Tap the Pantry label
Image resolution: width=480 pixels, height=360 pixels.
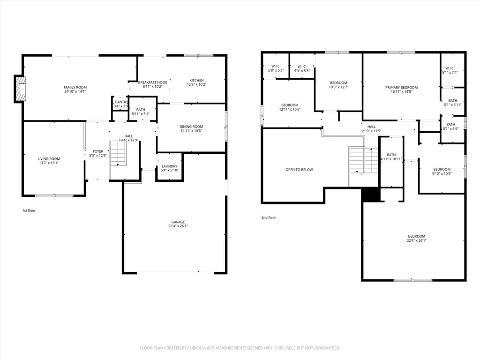pyautogui.click(x=121, y=102)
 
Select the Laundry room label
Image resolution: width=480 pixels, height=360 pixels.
pyautogui.click(x=169, y=166)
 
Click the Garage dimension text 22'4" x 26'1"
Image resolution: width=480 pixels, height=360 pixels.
pyautogui.click(x=178, y=226)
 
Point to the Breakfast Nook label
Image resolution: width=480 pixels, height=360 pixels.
pyautogui.click(x=152, y=82)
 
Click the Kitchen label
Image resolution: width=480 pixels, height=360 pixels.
pyautogui.click(x=196, y=81)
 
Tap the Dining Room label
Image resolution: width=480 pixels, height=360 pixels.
pyautogui.click(x=191, y=127)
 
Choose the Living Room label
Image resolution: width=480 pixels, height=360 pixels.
pyautogui.click(x=49, y=159)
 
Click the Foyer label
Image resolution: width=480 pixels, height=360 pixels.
pyautogui.click(x=98, y=151)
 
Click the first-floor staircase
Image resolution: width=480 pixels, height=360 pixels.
pyautogui.click(x=118, y=153)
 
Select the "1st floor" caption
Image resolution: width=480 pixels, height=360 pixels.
pyautogui.click(x=29, y=210)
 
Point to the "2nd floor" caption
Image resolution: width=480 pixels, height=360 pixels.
pyautogui.click(x=269, y=217)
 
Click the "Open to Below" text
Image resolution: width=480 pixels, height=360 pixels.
pyautogui.click(x=299, y=170)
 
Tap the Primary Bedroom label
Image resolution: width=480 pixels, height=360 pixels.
pyautogui.click(x=401, y=88)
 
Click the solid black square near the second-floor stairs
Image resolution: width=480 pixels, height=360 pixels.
pyautogui.click(x=371, y=195)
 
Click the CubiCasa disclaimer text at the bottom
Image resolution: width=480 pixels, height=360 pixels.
pyautogui.click(x=240, y=348)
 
